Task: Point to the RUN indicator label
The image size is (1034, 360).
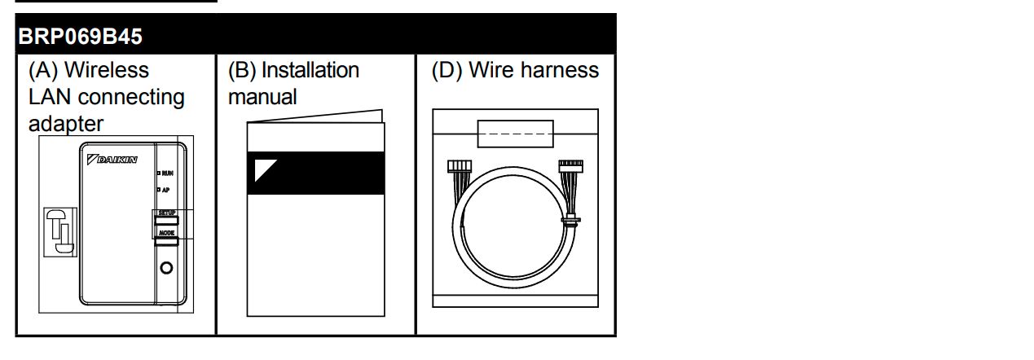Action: click(166, 173)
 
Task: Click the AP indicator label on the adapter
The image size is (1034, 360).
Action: click(165, 190)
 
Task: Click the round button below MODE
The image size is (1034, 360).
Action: click(166, 268)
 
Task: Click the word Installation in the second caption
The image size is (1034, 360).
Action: click(310, 71)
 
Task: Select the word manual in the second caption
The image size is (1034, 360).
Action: click(262, 97)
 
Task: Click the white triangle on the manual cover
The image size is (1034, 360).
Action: click(266, 170)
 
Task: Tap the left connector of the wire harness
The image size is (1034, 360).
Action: click(460, 167)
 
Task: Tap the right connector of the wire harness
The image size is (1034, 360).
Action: click(570, 165)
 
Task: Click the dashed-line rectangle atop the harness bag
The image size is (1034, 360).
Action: click(514, 134)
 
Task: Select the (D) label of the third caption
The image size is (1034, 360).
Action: click(447, 71)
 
